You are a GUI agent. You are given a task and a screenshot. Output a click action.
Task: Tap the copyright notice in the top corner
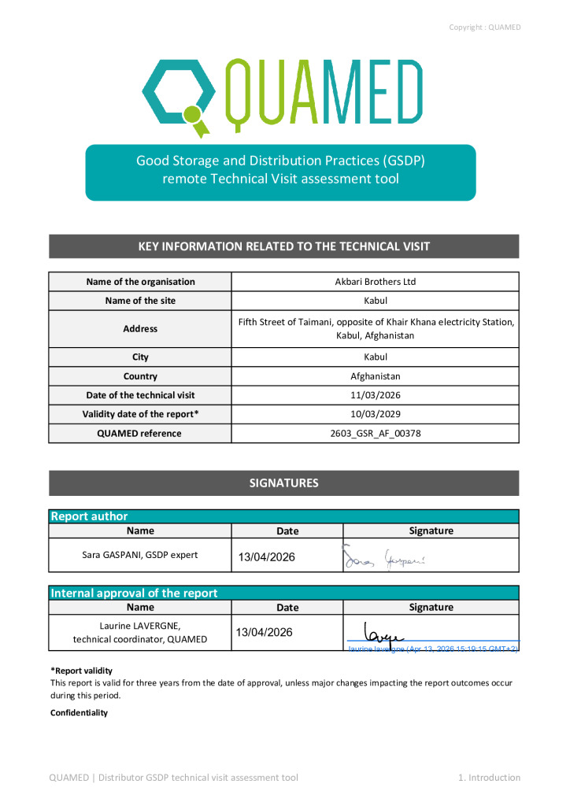(484, 28)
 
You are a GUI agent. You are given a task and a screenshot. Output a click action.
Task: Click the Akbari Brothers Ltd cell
(376, 282)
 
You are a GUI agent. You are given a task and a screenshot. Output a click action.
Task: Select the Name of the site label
(140, 301)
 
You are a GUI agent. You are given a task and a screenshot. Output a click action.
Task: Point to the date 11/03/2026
(376, 395)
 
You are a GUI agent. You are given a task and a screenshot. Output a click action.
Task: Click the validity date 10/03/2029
(376, 414)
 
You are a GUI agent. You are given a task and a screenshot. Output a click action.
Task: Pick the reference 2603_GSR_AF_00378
(376, 433)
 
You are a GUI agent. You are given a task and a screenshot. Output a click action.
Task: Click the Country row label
(140, 376)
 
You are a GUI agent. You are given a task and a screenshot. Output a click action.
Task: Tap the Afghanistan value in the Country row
(376, 376)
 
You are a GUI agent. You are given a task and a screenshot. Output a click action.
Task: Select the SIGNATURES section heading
(284, 483)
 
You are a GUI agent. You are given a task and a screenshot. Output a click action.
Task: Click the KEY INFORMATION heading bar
(284, 246)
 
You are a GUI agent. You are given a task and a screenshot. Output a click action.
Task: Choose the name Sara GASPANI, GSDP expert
(140, 555)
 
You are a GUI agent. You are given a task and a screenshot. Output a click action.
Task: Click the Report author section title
(89, 516)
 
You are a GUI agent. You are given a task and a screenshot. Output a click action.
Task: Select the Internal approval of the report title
(134, 593)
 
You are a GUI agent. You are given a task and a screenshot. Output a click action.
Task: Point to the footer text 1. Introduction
(489, 778)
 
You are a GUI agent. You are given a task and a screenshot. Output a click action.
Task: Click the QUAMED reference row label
(140, 433)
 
